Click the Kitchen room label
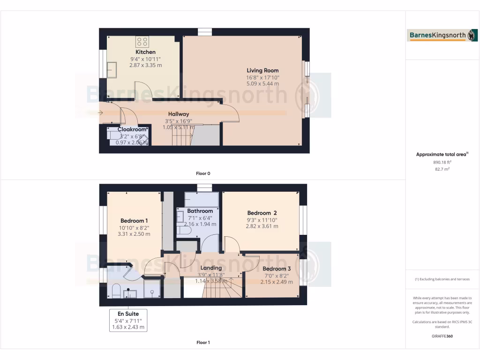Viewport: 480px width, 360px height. pos(145,52)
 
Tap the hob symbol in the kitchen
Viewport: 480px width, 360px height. pos(142,41)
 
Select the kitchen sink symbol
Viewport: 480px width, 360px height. pos(112,70)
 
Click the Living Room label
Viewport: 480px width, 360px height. pos(262,71)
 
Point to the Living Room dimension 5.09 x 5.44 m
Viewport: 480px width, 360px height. pos(262,84)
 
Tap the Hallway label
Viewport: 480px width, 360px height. pos(179,114)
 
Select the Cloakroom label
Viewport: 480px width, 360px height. pos(132,129)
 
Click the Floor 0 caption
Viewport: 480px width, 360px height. pos(203,173)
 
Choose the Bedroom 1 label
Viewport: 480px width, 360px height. pos(134,221)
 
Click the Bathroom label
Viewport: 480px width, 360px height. pos(200,211)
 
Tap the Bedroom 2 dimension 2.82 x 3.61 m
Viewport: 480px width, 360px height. pos(262,226)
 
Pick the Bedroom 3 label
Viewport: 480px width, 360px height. pos(276,269)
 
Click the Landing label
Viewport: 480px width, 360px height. pos(211,268)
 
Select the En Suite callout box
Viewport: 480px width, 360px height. pos(128,320)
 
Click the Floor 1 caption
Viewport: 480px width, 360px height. pos(203,342)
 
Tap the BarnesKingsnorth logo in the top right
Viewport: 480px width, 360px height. pos(436,36)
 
